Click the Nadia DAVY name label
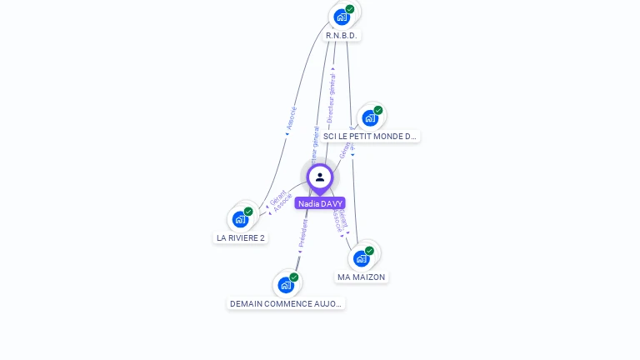click(x=320, y=203)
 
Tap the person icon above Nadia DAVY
click(x=320, y=177)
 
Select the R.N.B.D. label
click(x=342, y=36)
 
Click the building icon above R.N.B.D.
click(x=341, y=17)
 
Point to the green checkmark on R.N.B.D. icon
click(x=350, y=9)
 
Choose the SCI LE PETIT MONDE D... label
click(x=370, y=136)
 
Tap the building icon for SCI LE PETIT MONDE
click(x=370, y=117)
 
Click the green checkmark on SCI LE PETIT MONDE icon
click(x=378, y=110)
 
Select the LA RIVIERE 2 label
click(x=241, y=237)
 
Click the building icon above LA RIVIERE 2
click(x=240, y=219)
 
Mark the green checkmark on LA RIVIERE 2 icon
click(x=248, y=212)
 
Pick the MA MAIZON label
click(x=362, y=277)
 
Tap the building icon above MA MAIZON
click(x=361, y=258)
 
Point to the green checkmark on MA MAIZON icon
click(x=369, y=251)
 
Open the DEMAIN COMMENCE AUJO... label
click(x=286, y=304)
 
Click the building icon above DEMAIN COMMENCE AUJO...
click(x=286, y=285)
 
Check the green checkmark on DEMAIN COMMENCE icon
click(x=294, y=277)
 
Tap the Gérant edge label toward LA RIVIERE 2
click(x=277, y=197)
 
